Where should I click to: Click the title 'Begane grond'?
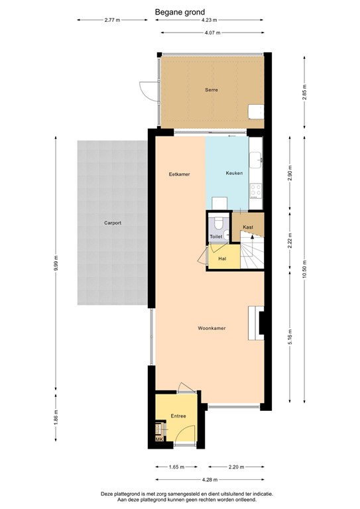point(180,11)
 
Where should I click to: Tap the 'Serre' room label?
point(211,89)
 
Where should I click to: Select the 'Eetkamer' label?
point(179,174)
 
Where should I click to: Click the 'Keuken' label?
point(234,174)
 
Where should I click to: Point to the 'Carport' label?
point(112,223)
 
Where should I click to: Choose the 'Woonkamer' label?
point(211,328)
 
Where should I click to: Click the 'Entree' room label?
point(177,416)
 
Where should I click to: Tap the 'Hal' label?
point(222,258)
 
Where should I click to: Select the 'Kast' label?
point(248,227)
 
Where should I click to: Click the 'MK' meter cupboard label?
point(159,438)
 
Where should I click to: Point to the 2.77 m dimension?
point(112,21)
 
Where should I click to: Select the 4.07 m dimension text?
point(211,32)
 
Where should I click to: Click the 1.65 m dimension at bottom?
point(176,467)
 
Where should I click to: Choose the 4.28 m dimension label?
point(211,479)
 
